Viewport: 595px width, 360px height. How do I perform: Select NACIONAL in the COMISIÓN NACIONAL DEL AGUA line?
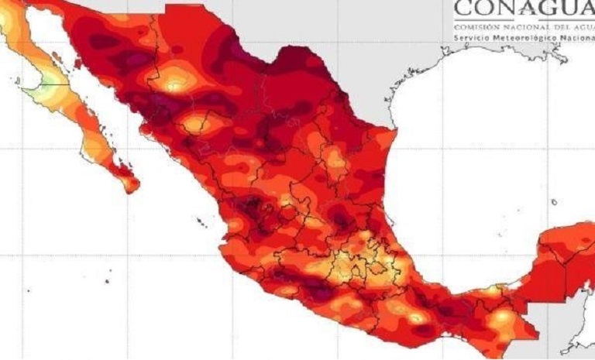pos(516,27)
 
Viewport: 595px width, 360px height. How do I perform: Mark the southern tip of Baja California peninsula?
pos(132,186)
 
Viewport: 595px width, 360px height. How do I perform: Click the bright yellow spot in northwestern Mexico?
pos(177,77)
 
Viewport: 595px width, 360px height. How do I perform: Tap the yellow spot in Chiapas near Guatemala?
pos(503,319)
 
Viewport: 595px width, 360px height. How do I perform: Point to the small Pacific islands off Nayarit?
pos(200,222)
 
